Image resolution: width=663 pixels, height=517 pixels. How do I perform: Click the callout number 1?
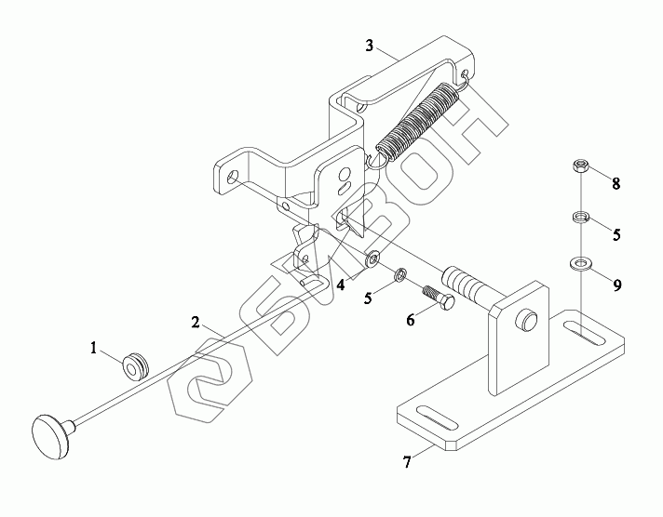point(93,348)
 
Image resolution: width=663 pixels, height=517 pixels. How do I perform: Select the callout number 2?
point(196,323)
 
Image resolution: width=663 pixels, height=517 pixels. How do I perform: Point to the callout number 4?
point(341,285)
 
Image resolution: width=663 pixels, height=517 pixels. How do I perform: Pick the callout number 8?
point(616,182)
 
